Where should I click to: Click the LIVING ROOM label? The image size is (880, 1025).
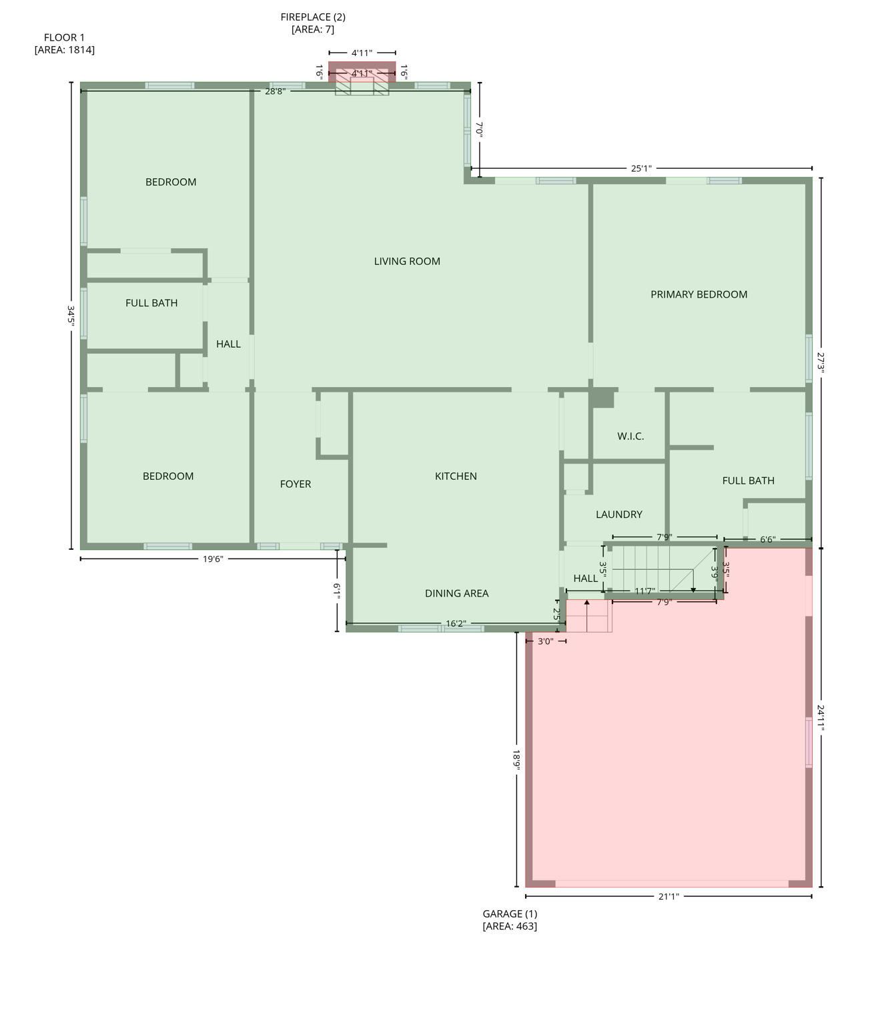click(407, 262)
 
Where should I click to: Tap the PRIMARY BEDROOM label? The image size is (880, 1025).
click(699, 294)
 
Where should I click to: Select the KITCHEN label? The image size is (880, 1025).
click(456, 476)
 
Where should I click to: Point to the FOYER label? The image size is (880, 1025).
click(296, 484)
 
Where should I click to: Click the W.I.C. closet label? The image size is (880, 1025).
click(630, 436)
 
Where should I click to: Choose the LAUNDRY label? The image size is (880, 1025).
click(619, 515)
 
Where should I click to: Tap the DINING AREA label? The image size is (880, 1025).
click(457, 593)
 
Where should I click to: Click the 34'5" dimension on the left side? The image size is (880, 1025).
click(71, 315)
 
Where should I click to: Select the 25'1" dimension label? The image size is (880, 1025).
click(641, 169)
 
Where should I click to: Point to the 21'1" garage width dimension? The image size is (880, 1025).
click(669, 897)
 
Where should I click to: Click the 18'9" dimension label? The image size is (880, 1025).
click(516, 759)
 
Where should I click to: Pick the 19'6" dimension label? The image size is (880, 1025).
click(213, 559)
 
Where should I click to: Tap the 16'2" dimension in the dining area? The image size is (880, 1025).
click(455, 624)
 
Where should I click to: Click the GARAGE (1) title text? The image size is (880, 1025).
click(510, 914)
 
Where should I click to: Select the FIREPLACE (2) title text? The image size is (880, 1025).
click(313, 17)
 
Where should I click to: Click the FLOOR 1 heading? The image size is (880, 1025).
click(64, 38)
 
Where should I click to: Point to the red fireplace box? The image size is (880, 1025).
click(362, 71)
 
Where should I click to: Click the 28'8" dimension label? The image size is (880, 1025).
click(275, 91)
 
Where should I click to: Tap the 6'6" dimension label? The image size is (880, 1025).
click(768, 540)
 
